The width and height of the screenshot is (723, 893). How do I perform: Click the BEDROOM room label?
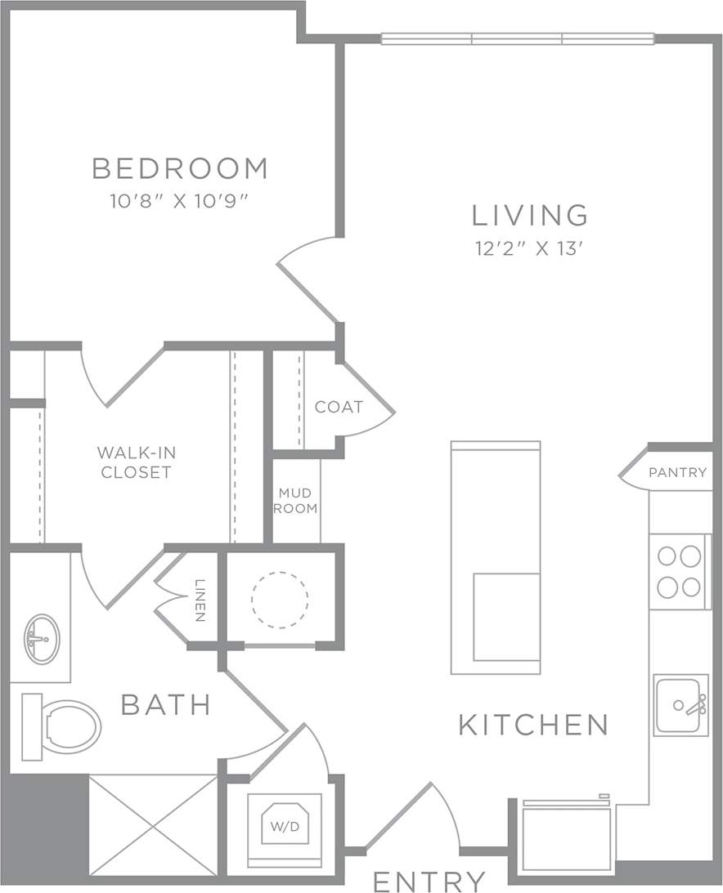coord(180,168)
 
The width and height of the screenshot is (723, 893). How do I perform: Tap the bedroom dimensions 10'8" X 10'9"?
coord(179,201)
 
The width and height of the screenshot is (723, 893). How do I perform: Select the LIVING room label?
coord(530,215)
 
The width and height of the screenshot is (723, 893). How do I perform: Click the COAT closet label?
coord(339,407)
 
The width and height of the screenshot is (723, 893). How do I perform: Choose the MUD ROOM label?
coord(296,500)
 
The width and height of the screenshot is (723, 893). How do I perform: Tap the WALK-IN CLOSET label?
coord(137,462)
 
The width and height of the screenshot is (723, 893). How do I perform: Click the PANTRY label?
coord(677,472)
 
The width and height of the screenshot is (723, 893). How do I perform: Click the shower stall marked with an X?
coord(153,825)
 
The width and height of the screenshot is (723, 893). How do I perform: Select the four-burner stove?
coord(680,571)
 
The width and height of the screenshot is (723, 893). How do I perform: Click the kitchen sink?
coord(680,705)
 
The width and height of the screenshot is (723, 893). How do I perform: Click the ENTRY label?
coord(429,882)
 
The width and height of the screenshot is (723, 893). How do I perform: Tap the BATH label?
coord(166,704)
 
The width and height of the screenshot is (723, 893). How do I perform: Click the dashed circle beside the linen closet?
coord(280,599)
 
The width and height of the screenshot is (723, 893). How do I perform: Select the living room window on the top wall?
coord(518,38)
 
